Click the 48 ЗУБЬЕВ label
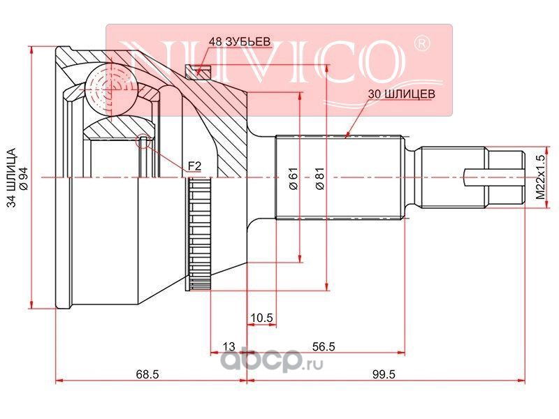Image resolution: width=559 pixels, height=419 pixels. pos(240,42)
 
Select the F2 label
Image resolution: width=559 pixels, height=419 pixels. pos(195,166)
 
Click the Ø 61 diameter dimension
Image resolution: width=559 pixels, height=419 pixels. pos(293,178)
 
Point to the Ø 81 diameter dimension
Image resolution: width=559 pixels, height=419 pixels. pos(320,178)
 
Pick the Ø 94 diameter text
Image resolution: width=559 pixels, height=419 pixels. pos(23,177)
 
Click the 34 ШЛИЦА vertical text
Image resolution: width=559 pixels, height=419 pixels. pos(12,177)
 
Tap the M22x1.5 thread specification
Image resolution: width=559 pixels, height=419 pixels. pos(542,177)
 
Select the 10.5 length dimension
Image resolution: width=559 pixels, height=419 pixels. pos(261,317)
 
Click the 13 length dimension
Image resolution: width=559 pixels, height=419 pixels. pos(229,346)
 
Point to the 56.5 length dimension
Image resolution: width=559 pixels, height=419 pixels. pos(324,346)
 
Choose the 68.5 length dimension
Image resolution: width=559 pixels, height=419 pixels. pos(147,374)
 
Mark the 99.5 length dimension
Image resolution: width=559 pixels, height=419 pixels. pos(384,374)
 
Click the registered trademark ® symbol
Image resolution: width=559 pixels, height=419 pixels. pos(421,43)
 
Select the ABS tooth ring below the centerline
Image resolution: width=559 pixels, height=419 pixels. pos(199,234)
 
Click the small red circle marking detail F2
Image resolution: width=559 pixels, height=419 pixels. pos(143,142)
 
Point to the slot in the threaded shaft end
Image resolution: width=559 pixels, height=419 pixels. pos(495,177)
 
